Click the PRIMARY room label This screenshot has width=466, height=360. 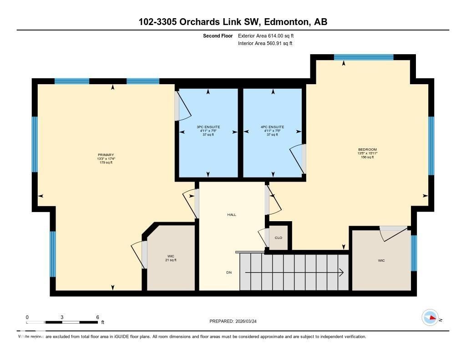(x=106, y=155)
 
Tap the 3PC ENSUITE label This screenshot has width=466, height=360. (x=208, y=127)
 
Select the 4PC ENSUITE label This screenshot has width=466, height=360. (x=273, y=127)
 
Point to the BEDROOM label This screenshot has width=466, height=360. (x=367, y=150)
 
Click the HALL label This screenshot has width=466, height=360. (x=232, y=214)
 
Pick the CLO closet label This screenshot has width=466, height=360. (x=278, y=238)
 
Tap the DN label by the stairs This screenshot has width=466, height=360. (x=229, y=273)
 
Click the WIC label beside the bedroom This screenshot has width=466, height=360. (x=381, y=261)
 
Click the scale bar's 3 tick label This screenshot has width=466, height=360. (x=61, y=317)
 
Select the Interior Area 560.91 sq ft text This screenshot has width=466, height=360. (x=265, y=44)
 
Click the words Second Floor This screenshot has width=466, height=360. (x=218, y=35)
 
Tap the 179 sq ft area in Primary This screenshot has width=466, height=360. (x=106, y=162)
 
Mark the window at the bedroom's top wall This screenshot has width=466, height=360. (x=363, y=57)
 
